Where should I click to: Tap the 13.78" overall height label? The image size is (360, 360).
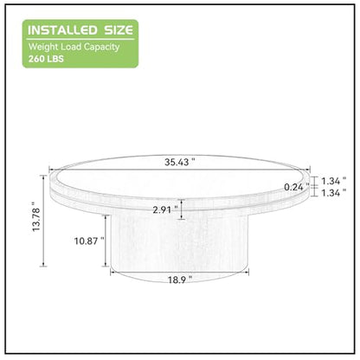[x=36, y=220]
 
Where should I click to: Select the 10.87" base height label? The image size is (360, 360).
[x=89, y=241]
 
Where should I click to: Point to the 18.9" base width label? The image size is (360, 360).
[x=180, y=280]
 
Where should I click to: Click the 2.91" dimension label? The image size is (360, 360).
[x=165, y=209]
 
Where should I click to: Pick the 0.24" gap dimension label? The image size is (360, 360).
[x=297, y=187]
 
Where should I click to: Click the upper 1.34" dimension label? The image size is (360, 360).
[x=334, y=181]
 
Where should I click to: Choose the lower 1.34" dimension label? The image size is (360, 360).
[x=334, y=193]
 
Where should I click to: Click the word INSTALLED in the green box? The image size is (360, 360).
[x=62, y=30]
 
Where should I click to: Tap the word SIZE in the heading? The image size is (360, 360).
[x=119, y=30]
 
